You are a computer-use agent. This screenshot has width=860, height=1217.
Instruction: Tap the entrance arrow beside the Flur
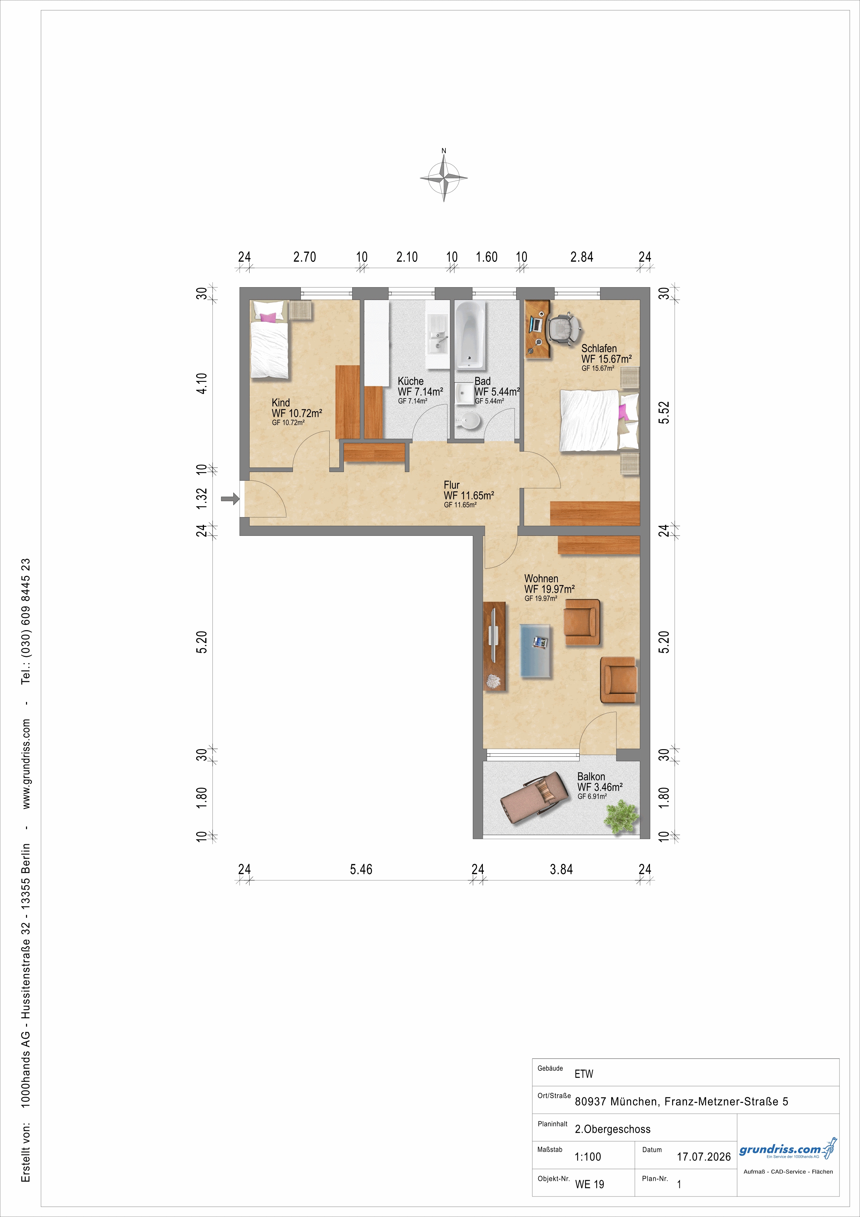pos(230,498)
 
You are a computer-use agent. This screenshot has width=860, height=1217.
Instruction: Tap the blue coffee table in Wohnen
pos(536,650)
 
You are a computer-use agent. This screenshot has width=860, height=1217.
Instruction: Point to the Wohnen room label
pos(541,578)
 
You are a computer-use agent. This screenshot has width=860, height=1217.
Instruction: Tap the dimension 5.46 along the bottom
pos(361,869)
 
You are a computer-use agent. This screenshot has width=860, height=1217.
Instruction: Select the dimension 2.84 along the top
pos(582,257)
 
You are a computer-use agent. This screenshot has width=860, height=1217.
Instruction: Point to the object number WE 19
pos(590,1184)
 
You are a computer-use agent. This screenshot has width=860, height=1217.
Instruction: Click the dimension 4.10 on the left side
pos(202,383)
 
